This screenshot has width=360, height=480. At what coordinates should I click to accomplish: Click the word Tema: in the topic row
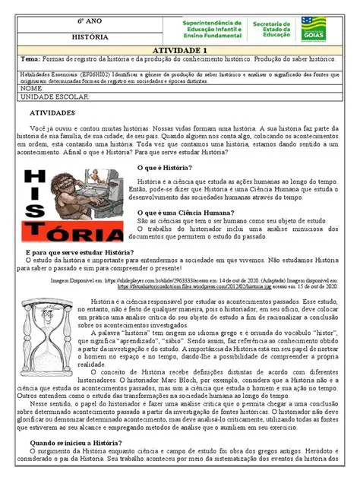31,59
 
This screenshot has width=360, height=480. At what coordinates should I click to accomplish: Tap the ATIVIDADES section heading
52,112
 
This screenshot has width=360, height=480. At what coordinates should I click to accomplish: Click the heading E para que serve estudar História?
81,251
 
